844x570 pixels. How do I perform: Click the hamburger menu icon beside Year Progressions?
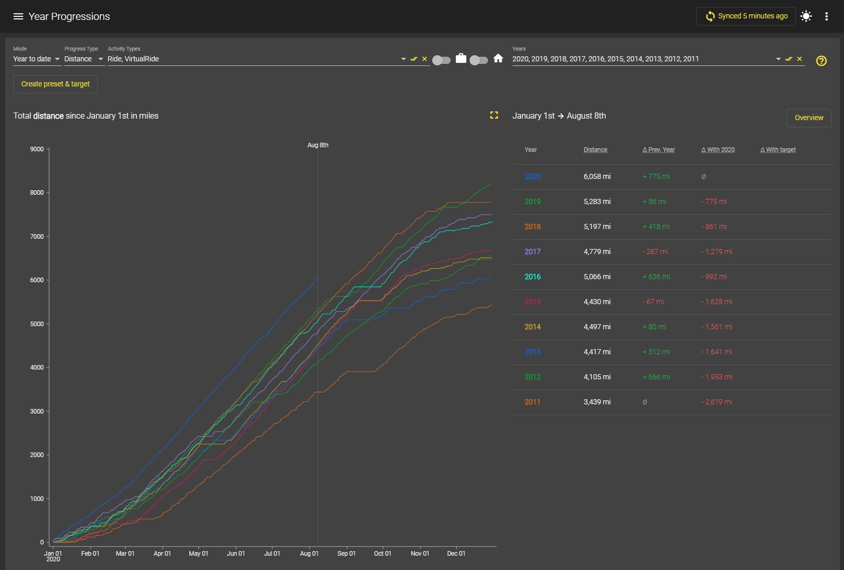18,16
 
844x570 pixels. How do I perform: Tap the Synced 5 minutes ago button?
746,16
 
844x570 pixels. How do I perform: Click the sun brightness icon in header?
806,16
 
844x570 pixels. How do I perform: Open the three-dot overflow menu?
826,16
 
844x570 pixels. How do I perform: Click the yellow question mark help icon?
821,61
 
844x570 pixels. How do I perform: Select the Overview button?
809,118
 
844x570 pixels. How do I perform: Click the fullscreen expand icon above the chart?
494,115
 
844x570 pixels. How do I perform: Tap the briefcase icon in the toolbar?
461,58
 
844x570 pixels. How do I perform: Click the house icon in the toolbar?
498,58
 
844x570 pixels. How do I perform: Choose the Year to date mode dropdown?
36,59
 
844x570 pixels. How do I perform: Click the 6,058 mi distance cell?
597,176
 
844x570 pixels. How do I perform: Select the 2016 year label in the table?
532,277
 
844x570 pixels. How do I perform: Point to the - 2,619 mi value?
717,402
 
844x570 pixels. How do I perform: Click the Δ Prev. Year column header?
658,149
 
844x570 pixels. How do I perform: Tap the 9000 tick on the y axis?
37,149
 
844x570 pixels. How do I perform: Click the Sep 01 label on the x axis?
346,553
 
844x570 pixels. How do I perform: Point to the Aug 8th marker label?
318,145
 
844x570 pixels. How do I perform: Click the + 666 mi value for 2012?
656,376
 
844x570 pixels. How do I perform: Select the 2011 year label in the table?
532,402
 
